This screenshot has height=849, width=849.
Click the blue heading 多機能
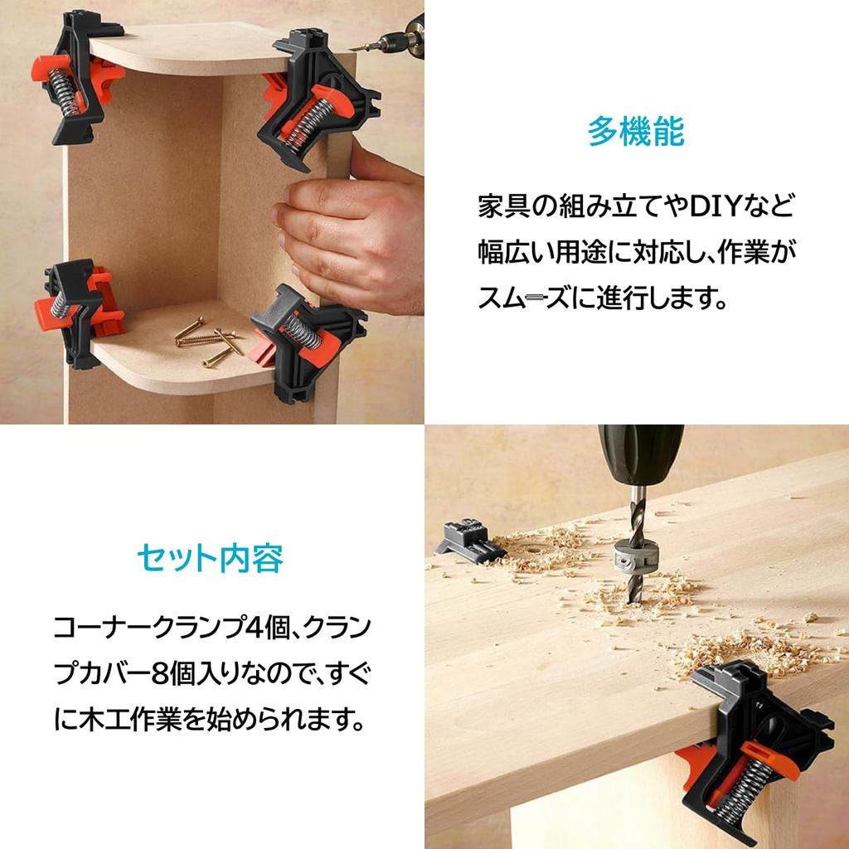(x=636, y=131)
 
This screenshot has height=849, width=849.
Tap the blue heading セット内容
(x=210, y=558)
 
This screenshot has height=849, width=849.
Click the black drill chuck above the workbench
(x=641, y=455)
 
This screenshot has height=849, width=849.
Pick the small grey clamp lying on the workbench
(x=469, y=539)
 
